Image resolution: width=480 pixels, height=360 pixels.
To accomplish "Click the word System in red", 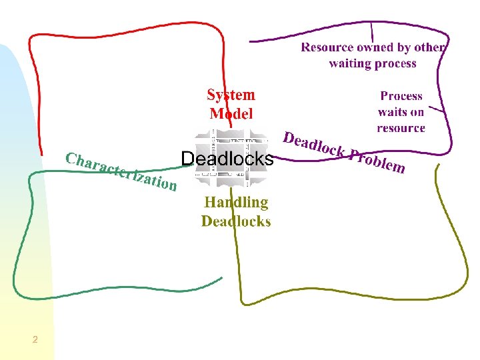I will click(x=231, y=95).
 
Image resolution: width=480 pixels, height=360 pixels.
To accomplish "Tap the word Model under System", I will click(x=231, y=113).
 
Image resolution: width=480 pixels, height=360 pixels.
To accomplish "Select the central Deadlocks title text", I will click(x=227, y=159).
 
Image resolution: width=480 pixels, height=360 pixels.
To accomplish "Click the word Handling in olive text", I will click(x=236, y=203).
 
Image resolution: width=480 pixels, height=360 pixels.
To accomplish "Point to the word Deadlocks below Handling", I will click(x=236, y=221).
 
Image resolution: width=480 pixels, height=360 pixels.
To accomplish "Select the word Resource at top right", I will click(x=327, y=47).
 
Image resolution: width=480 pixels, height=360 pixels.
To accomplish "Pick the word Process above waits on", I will click(x=401, y=96).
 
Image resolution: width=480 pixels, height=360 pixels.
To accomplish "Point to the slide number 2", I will click(x=35, y=340).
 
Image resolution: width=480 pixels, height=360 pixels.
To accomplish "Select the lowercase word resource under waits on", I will click(x=401, y=128).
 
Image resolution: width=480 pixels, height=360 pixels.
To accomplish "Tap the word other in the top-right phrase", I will click(x=430, y=47).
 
